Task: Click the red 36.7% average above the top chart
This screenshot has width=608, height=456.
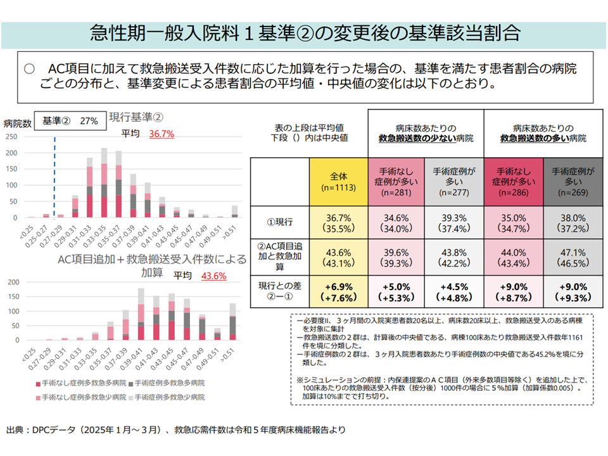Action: click(x=161, y=134)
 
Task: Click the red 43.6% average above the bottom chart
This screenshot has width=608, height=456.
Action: click(x=213, y=275)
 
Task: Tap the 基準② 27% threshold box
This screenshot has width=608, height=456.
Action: click(x=70, y=120)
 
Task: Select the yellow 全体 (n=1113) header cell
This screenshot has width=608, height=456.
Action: click(x=339, y=180)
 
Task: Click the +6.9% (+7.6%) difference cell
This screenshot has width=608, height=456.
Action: click(x=339, y=293)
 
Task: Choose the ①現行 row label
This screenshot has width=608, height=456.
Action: click(x=279, y=222)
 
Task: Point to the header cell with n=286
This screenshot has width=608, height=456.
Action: click(x=513, y=180)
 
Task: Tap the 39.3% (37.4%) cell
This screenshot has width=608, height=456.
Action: click(x=454, y=222)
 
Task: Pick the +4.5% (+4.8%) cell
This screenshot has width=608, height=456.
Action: click(x=454, y=293)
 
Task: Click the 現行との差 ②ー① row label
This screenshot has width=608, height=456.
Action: click(x=279, y=293)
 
